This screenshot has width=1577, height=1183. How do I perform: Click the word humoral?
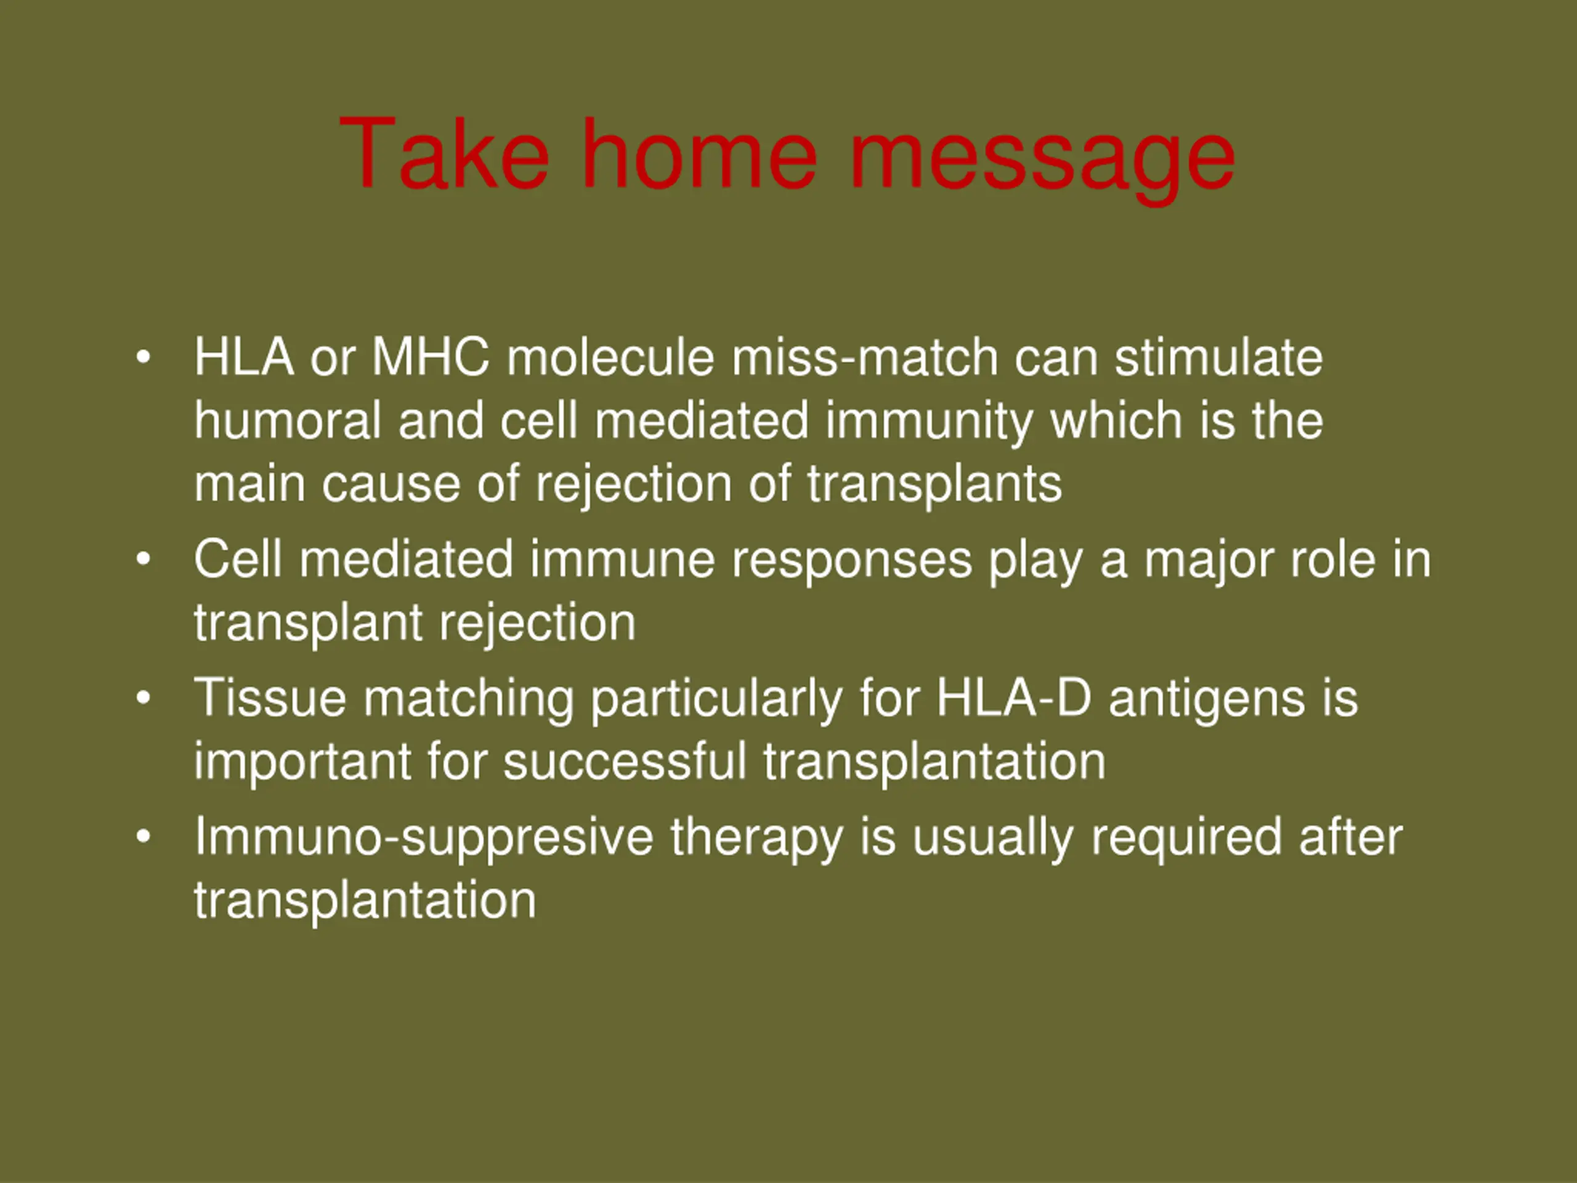286,420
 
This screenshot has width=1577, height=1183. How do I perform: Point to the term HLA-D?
1014,697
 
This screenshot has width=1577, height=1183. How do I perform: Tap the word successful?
625,761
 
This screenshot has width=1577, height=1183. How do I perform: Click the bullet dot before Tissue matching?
144,698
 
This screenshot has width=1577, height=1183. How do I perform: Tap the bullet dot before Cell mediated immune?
144,559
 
